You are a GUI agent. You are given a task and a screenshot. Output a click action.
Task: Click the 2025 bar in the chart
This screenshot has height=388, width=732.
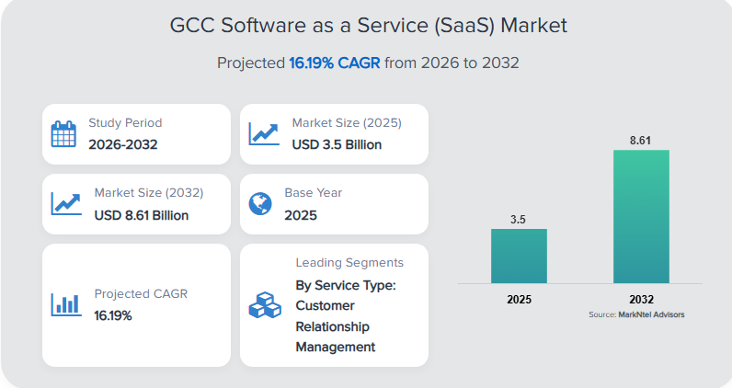click(x=519, y=256)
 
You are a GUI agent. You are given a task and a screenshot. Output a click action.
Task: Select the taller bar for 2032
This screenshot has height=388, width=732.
click(x=641, y=216)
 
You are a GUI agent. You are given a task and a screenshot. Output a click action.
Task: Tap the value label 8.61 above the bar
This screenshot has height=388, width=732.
click(x=641, y=140)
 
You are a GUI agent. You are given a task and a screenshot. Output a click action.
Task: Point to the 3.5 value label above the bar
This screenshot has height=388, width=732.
click(x=519, y=219)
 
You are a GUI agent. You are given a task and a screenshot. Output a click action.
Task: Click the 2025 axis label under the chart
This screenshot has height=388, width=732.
click(x=519, y=300)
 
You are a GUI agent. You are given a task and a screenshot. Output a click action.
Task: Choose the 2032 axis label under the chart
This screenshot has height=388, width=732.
click(x=641, y=300)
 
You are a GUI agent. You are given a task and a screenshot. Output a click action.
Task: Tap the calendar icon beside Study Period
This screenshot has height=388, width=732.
click(x=63, y=133)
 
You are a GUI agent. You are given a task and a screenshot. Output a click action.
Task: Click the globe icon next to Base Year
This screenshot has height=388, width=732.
click(x=260, y=203)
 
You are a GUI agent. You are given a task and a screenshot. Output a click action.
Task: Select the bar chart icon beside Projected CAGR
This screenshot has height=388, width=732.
click(x=65, y=303)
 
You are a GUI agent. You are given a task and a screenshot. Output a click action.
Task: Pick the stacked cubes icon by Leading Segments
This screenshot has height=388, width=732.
click(x=263, y=304)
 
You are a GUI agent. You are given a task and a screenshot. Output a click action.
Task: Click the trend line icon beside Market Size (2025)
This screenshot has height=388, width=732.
click(x=264, y=133)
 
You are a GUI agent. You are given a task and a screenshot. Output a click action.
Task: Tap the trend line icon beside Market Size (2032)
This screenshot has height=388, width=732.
click(x=65, y=203)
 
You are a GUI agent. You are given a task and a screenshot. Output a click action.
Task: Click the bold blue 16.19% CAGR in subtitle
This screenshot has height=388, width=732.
click(x=334, y=63)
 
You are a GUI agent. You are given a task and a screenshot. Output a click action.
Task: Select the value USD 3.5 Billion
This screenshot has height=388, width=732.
click(x=337, y=144)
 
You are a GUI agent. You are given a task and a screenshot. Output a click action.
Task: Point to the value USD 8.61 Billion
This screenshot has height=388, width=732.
click(x=141, y=215)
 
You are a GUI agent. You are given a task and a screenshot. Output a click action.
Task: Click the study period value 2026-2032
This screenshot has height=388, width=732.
click(x=123, y=144)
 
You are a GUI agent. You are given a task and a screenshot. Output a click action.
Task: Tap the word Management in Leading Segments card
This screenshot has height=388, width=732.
click(x=336, y=347)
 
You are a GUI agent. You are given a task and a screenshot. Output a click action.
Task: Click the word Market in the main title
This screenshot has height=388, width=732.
click(x=533, y=25)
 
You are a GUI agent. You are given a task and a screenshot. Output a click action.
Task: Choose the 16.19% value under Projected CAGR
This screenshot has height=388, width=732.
click(x=113, y=315)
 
